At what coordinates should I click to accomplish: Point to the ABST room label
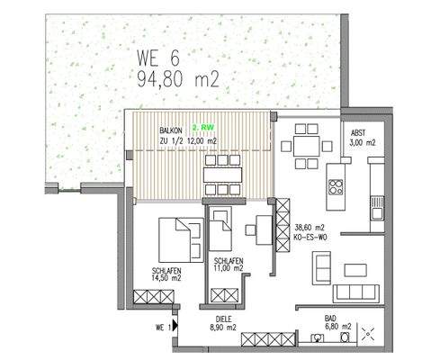(360, 132)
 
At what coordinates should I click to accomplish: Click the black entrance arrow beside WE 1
(175, 328)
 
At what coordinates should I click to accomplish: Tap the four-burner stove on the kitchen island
(337, 187)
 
